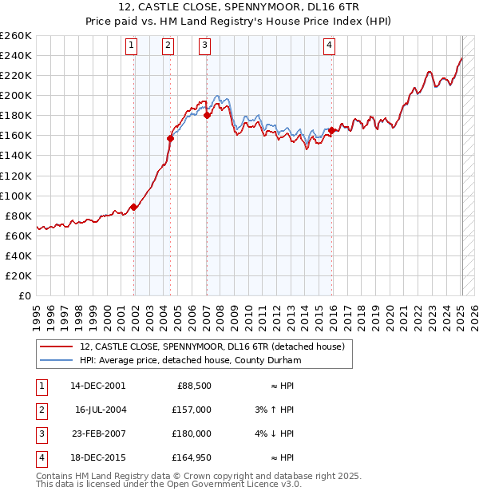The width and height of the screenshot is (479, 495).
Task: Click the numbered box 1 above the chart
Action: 132,46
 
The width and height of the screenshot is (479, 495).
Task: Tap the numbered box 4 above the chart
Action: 329,46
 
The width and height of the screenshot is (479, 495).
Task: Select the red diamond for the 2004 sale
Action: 170,138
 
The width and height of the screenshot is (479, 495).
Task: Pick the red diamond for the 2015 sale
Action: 331,130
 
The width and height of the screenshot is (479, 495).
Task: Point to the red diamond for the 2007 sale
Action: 207,115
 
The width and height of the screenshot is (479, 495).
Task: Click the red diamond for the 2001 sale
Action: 134,207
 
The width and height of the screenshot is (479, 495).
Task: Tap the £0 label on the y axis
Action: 24,295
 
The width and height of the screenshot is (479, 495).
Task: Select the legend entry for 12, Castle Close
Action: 211,346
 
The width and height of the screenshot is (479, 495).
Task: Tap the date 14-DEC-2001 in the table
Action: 98,386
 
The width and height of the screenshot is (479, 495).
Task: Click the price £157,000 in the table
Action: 192,410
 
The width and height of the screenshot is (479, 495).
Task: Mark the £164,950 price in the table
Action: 192,457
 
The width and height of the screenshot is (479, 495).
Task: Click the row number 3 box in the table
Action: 39,434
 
